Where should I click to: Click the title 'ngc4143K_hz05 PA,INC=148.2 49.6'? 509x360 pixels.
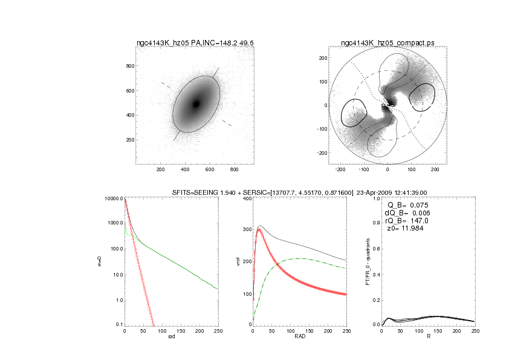point(195,43)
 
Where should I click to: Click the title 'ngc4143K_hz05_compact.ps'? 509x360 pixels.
point(387,43)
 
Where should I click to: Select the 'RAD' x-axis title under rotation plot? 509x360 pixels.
point(293,338)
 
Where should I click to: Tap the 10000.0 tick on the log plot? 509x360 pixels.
point(113,198)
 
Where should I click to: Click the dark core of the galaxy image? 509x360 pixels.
point(196,104)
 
